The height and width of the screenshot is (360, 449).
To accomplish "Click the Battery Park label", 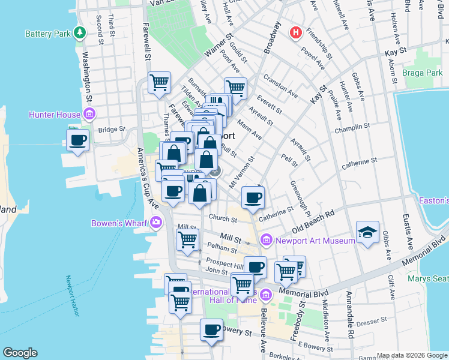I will click(x=48, y=34).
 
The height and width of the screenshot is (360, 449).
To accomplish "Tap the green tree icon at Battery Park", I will click(x=80, y=33).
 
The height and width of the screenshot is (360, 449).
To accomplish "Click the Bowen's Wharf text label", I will click(x=119, y=224).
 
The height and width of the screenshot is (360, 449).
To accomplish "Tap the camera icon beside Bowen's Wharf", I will click(x=156, y=223).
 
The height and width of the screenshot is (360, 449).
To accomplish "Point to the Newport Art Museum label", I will click(x=316, y=241).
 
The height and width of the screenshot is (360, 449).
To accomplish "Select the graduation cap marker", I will click(x=367, y=232).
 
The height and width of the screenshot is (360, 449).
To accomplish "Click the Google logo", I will click(x=20, y=353).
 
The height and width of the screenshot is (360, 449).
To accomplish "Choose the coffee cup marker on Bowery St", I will click(x=211, y=329).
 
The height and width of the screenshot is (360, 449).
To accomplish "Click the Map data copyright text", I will click(x=411, y=355).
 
